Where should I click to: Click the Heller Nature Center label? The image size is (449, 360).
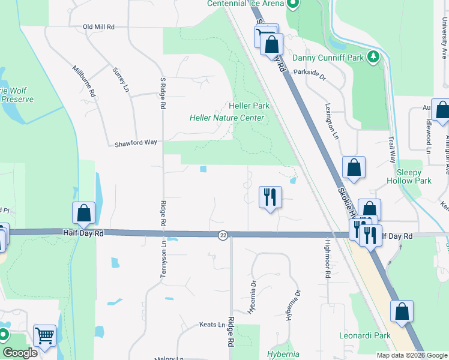pos(227,118)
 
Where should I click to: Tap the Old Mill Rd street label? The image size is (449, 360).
pos(98,27)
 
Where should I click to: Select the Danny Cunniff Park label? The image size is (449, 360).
pos(328,58)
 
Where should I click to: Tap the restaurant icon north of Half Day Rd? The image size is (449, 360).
pos(270,196)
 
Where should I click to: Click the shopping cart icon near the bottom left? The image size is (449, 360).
pos(44,336)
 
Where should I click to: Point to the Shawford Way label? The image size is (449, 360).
pos(136,143)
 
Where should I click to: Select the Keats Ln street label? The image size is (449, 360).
pos(211,325)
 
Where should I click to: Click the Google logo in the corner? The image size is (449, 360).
pos(20,352)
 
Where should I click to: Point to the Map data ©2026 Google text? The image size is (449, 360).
pos(411,355)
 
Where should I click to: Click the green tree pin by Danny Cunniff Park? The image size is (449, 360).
pos(374,57)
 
